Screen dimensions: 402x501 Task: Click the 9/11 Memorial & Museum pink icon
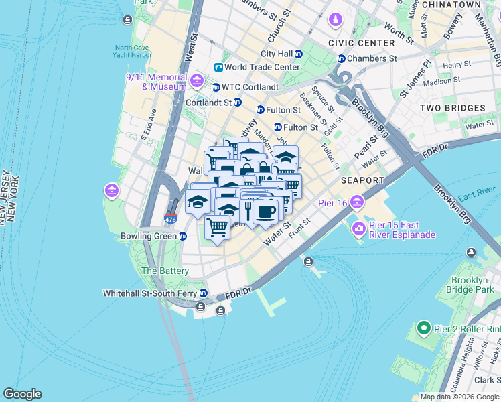tap(196, 82)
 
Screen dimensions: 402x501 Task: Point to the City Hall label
tap(276, 54)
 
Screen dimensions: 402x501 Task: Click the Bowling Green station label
tap(148, 237)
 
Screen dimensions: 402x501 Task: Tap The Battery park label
tap(165, 271)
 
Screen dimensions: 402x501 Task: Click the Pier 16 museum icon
tap(357, 202)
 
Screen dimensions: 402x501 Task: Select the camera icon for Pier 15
tap(359, 229)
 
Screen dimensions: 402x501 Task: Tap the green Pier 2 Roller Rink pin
tap(423, 328)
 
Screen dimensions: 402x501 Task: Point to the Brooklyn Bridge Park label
tap(472, 285)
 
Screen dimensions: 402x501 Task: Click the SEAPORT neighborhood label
tap(362, 180)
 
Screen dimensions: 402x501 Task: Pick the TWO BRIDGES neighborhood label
tap(452, 108)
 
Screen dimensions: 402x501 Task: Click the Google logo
tap(22, 394)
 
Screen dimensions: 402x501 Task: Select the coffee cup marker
tap(266, 212)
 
